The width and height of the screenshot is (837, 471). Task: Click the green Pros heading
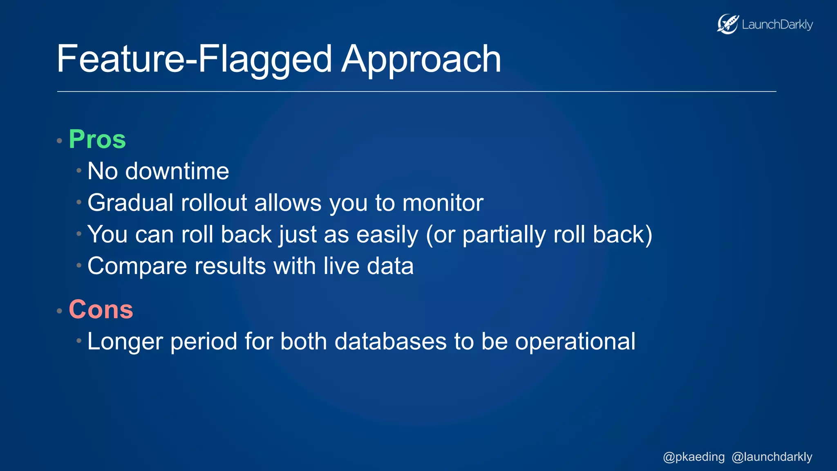pyautogui.click(x=97, y=139)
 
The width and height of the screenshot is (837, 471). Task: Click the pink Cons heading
pyautogui.click(x=101, y=310)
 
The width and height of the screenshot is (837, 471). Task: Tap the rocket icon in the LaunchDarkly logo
pyautogui.click(x=727, y=24)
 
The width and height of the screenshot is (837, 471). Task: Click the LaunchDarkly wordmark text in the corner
pyautogui.click(x=777, y=25)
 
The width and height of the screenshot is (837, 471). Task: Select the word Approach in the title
pyautogui.click(x=421, y=60)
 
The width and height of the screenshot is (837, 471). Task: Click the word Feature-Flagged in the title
pyautogui.click(x=194, y=60)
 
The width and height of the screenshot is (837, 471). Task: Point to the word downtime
pyautogui.click(x=177, y=171)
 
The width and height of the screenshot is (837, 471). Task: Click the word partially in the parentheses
pyautogui.click(x=504, y=235)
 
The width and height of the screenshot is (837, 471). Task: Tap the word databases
pyautogui.click(x=390, y=341)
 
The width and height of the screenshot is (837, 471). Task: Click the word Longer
pyautogui.click(x=125, y=342)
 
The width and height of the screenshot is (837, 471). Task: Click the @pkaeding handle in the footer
pyautogui.click(x=694, y=457)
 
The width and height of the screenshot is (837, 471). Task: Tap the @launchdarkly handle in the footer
pyautogui.click(x=772, y=457)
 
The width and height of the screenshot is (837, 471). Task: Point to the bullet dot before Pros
pyautogui.click(x=59, y=141)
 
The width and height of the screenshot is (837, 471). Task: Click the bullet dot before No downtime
pyautogui.click(x=79, y=170)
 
